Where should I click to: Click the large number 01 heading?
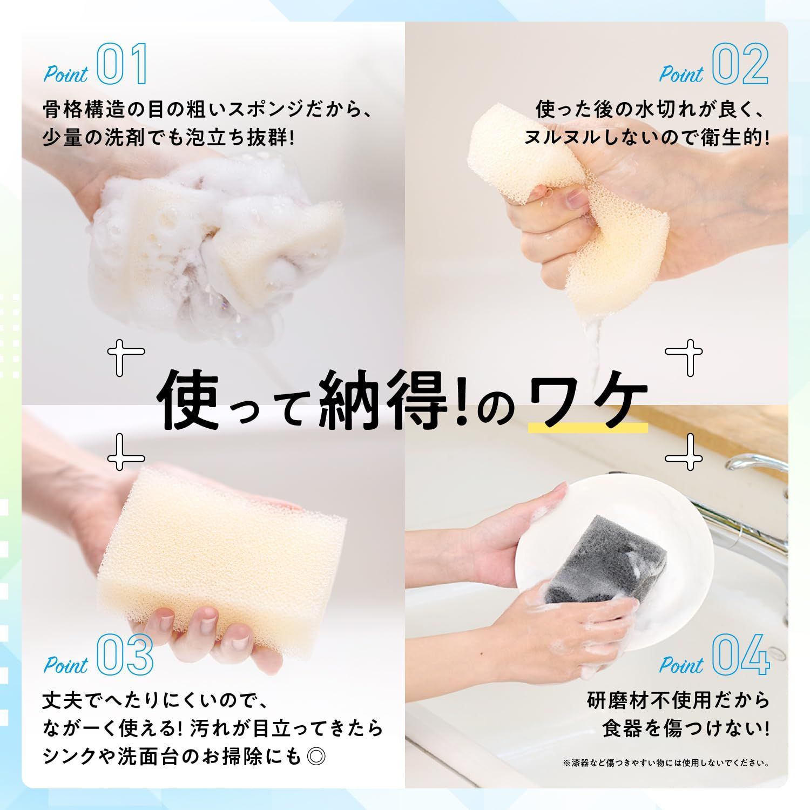[122, 65]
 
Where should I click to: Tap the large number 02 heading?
[740, 65]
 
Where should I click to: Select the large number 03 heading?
[125, 654]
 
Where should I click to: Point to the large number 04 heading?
[740, 654]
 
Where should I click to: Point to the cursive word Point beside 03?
[66, 665]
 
